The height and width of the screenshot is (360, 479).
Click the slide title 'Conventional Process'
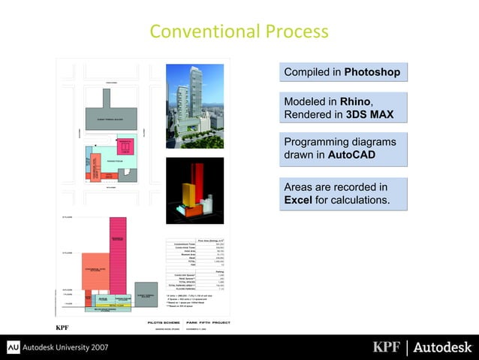(239, 32)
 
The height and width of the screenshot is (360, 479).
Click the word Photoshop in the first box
(372, 72)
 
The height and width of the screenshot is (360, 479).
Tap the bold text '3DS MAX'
(370, 115)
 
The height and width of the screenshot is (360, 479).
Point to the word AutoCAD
(351, 155)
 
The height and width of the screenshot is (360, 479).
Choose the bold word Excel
(298, 200)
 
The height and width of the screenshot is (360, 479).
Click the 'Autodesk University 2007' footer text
(68, 348)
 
